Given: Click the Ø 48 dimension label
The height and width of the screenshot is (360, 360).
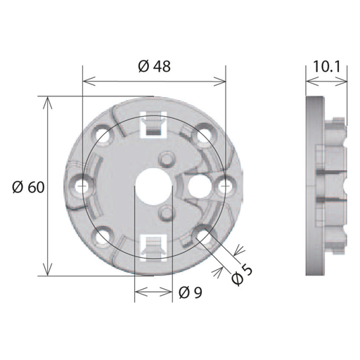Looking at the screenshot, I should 155,66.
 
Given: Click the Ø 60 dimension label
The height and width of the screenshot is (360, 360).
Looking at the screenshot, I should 28,186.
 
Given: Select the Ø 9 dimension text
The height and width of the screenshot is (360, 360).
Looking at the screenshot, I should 191,292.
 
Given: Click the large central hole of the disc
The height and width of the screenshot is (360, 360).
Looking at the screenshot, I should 153,186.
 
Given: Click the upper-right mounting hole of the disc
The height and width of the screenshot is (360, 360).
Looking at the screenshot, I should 205,134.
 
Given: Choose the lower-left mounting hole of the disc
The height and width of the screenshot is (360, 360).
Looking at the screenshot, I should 103,237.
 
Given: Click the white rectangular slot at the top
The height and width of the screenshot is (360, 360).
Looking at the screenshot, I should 153,124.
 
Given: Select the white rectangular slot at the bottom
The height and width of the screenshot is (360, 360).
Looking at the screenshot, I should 153,247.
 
